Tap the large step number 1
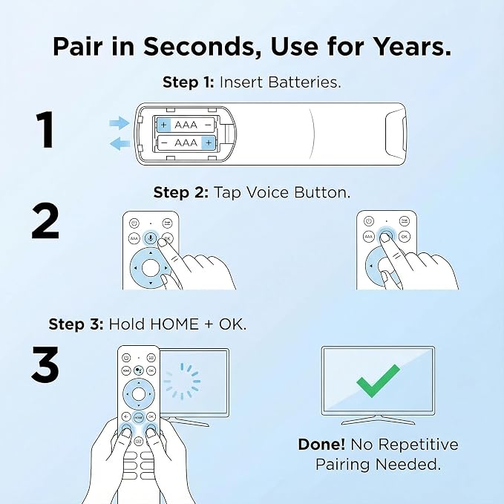(x=45, y=129)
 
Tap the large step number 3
(x=45, y=364)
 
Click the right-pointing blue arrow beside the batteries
(x=120, y=122)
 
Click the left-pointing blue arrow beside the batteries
(x=120, y=143)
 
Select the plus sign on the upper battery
(x=163, y=125)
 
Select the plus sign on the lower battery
(x=209, y=143)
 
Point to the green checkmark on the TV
(x=378, y=381)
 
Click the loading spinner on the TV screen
(x=182, y=382)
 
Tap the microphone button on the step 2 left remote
(x=151, y=238)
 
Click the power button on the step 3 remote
(x=126, y=358)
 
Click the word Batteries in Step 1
(x=304, y=82)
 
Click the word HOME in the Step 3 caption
(x=174, y=324)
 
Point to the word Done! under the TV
(x=321, y=445)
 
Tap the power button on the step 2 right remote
(x=369, y=221)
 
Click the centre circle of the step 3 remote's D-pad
(x=139, y=394)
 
